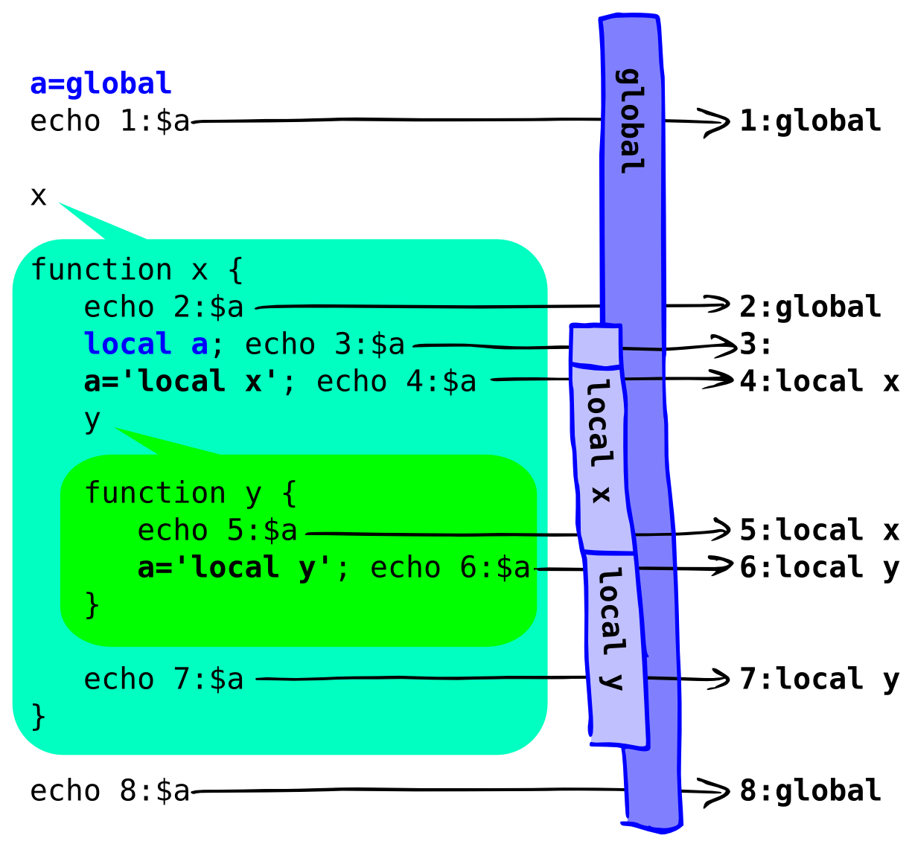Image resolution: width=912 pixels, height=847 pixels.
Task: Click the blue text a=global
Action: click(101, 84)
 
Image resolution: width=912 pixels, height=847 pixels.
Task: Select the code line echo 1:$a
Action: click(109, 121)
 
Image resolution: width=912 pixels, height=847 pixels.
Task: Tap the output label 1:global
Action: click(810, 121)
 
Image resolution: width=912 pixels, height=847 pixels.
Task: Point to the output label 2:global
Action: click(810, 307)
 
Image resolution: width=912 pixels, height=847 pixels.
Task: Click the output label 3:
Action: click(756, 345)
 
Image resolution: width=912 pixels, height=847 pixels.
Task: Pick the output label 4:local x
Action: click(819, 381)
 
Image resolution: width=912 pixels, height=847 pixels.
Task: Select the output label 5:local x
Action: click(819, 531)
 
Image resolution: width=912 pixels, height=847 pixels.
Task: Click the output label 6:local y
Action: click(819, 568)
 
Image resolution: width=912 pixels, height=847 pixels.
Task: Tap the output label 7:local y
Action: click(819, 680)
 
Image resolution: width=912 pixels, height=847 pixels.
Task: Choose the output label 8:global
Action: click(810, 790)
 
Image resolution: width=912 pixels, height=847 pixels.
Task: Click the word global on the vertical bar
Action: click(631, 121)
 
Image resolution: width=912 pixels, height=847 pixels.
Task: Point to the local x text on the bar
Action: click(599, 441)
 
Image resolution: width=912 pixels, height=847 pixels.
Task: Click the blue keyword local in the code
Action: click(127, 344)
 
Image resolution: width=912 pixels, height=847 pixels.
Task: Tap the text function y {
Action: click(191, 493)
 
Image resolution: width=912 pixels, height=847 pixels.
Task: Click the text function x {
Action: click(137, 269)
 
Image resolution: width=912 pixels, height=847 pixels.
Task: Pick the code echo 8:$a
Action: click(109, 790)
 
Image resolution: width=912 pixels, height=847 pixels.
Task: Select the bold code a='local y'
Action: click(235, 568)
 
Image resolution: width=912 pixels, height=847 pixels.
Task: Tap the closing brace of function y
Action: click(92, 604)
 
